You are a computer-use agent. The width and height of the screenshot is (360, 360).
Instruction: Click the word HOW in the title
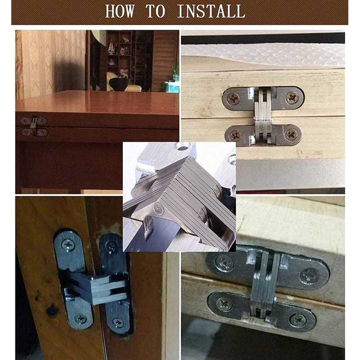(120, 11)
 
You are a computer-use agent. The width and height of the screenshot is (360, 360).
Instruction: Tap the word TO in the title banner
(155, 11)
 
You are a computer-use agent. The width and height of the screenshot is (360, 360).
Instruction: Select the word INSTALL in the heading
(211, 11)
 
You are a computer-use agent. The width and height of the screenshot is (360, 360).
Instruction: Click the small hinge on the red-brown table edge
(34, 126)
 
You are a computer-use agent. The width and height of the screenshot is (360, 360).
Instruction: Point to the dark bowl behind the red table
(119, 84)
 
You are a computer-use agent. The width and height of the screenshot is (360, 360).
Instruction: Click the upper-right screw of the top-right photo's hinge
(292, 98)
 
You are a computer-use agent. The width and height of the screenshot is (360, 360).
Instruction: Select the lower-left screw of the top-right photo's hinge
(234, 136)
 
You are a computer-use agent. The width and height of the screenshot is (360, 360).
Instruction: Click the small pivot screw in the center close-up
(158, 209)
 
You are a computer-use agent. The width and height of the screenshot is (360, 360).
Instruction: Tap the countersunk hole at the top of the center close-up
(183, 146)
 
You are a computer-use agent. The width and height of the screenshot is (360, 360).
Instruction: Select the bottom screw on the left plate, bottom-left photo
(81, 319)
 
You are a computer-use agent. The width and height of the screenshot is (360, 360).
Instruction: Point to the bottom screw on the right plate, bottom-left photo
(118, 322)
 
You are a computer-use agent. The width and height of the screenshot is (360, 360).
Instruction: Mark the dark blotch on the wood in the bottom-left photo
(52, 310)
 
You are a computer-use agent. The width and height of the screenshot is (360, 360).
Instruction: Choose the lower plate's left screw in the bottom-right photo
(223, 305)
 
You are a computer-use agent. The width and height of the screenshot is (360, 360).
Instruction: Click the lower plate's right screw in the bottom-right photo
(298, 319)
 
